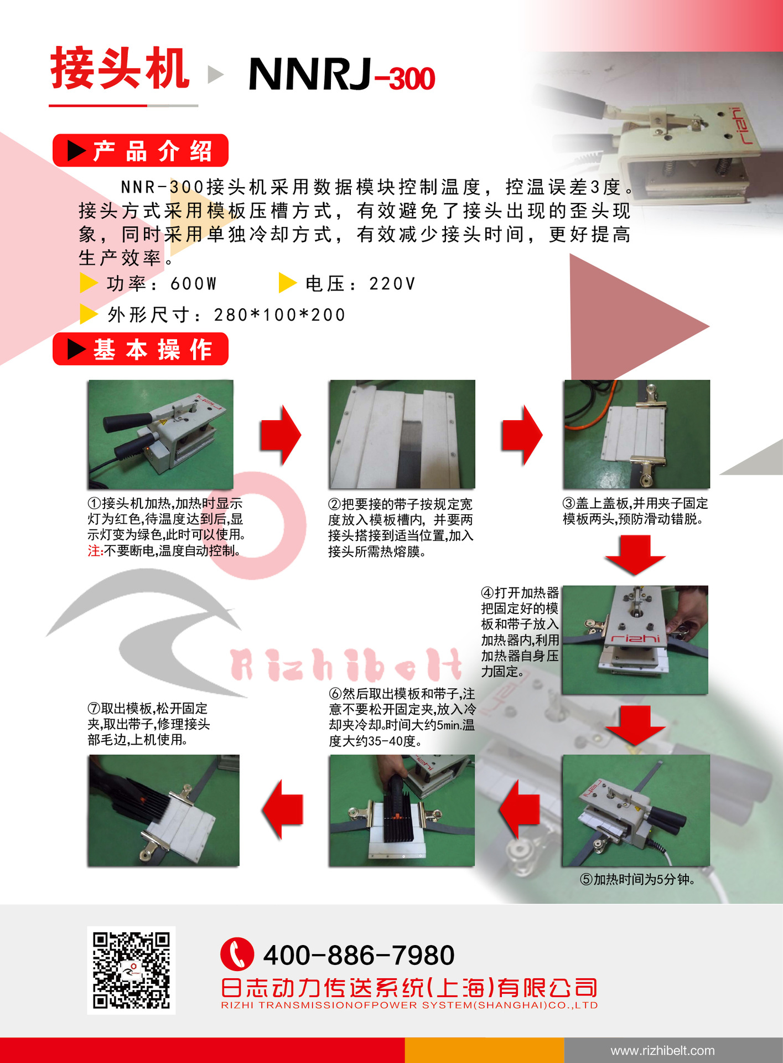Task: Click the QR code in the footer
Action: tap(131, 971)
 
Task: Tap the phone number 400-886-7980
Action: tap(359, 955)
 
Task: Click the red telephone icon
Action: tap(237, 954)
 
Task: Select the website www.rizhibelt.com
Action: tap(662, 1050)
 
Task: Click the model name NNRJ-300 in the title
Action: tap(342, 74)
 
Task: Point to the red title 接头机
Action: tap(120, 69)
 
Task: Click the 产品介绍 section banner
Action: tap(141, 151)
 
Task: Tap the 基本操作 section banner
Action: tap(141, 349)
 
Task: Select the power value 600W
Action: tap(193, 284)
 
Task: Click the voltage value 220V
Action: tap(392, 284)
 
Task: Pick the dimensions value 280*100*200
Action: tap(279, 315)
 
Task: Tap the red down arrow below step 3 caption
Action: tap(635, 555)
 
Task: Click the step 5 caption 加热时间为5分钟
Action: tap(637, 879)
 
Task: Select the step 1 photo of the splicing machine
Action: tap(160, 435)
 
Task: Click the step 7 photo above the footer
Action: tap(163, 811)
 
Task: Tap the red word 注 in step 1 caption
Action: tap(94, 551)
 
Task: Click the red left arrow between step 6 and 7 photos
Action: tap(283, 809)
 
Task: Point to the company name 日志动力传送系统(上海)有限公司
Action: tap(409, 988)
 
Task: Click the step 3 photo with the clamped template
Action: tap(636, 435)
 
